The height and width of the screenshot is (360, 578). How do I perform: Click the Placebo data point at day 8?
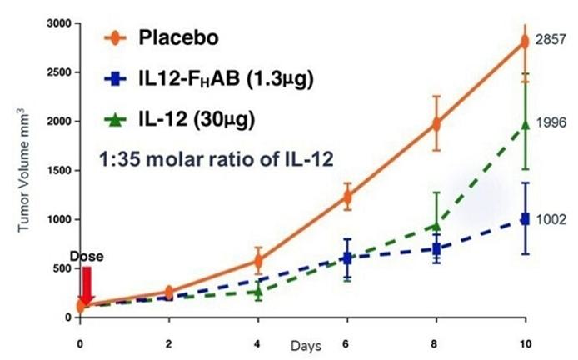tap(436, 124)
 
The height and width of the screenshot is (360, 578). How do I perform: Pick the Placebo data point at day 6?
tap(347, 197)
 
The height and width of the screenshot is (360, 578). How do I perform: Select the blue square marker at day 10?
tap(525, 218)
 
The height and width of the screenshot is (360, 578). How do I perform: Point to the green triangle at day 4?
tap(258, 291)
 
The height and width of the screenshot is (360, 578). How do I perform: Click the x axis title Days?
tap(302, 344)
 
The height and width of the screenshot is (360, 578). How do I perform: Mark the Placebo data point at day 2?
tap(169, 292)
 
